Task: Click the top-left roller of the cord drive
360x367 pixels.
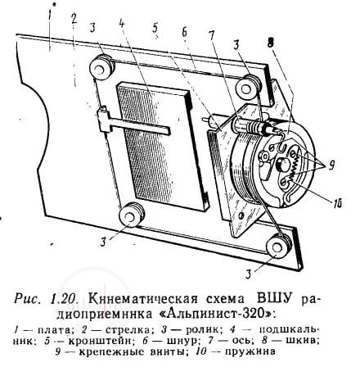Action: (101, 67)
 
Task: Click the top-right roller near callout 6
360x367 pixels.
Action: (249, 86)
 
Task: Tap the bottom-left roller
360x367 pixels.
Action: (132, 215)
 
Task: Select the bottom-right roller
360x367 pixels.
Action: (278, 245)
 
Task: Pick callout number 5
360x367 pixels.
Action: (155, 27)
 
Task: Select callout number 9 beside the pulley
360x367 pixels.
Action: (331, 165)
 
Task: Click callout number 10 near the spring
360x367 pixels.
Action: (336, 203)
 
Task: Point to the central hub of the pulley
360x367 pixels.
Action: (282, 165)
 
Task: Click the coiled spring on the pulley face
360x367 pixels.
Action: (295, 170)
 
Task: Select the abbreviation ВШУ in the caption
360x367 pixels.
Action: (273, 298)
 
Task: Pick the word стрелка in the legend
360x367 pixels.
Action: (128, 330)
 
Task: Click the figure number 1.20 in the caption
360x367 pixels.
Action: (65, 299)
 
